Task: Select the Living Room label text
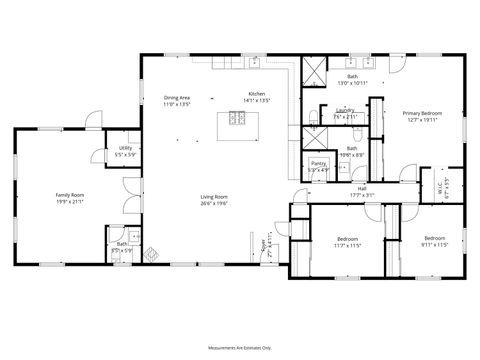point(213,196)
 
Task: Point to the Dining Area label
point(177,97)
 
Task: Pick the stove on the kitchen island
point(238,118)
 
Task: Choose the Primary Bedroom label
point(422,114)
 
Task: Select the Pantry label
point(318,162)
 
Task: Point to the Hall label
point(361,189)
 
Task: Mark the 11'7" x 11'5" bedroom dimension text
point(347,244)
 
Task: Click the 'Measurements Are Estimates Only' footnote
point(240,347)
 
